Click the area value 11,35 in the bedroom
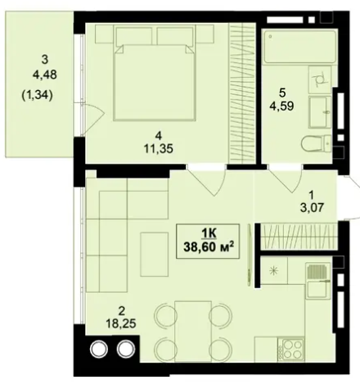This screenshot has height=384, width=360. click(159, 149)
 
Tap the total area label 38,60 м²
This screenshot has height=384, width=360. click(209, 247)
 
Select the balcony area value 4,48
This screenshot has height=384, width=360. click(45, 75)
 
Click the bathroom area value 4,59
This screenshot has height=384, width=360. click(281, 106)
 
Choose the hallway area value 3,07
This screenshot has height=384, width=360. click(312, 208)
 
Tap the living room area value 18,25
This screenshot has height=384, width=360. click(121, 323)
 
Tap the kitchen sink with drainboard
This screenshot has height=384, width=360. click(318, 281)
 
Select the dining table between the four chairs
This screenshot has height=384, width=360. click(193, 331)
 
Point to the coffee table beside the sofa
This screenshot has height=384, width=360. click(155, 255)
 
